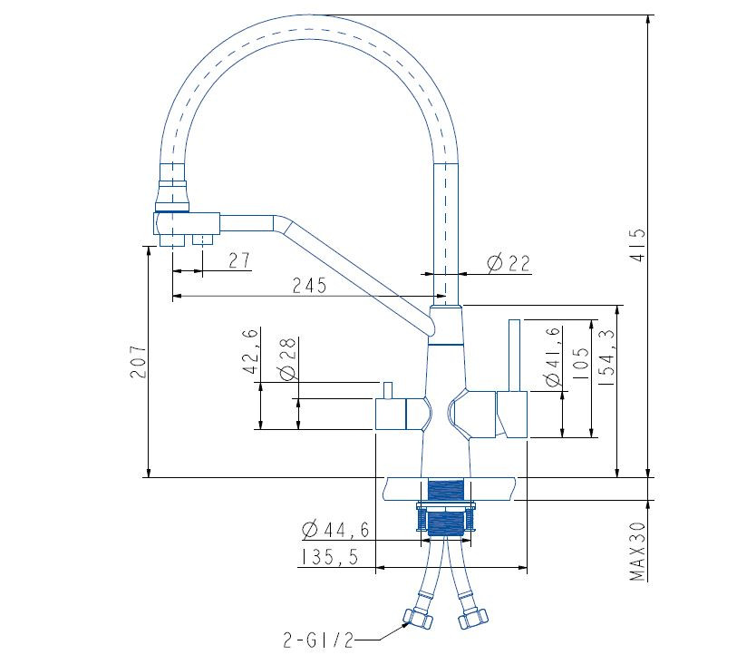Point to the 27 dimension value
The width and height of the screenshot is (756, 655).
click(x=238, y=260)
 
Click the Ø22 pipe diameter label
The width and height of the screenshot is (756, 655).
click(x=508, y=263)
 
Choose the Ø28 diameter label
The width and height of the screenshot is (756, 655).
click(x=287, y=360)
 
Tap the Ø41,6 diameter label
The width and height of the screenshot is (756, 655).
click(x=552, y=369)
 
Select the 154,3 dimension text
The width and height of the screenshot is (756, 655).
click(x=607, y=347)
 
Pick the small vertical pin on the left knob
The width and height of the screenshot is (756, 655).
click(x=385, y=390)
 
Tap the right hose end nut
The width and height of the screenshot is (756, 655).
click(x=473, y=617)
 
